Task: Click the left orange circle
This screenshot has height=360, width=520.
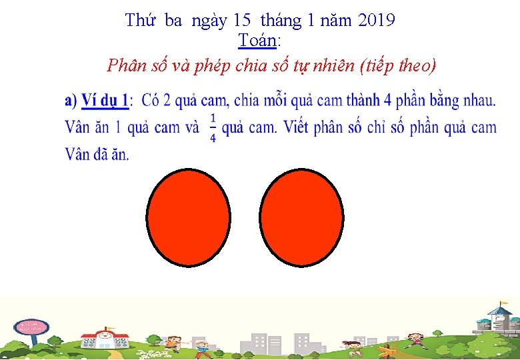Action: [189, 217]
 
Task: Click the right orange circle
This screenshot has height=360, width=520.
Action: [303, 217]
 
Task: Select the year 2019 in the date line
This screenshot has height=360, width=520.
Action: [377, 21]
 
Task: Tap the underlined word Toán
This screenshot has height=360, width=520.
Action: [257, 41]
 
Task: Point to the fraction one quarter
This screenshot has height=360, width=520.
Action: [213, 127]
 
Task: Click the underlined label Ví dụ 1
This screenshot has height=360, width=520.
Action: [105, 101]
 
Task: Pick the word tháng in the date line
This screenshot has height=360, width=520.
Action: [281, 21]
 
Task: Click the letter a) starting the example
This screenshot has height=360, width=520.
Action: [71, 101]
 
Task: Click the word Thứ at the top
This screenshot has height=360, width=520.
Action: [141, 21]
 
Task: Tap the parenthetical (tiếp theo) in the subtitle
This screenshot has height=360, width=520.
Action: [397, 66]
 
